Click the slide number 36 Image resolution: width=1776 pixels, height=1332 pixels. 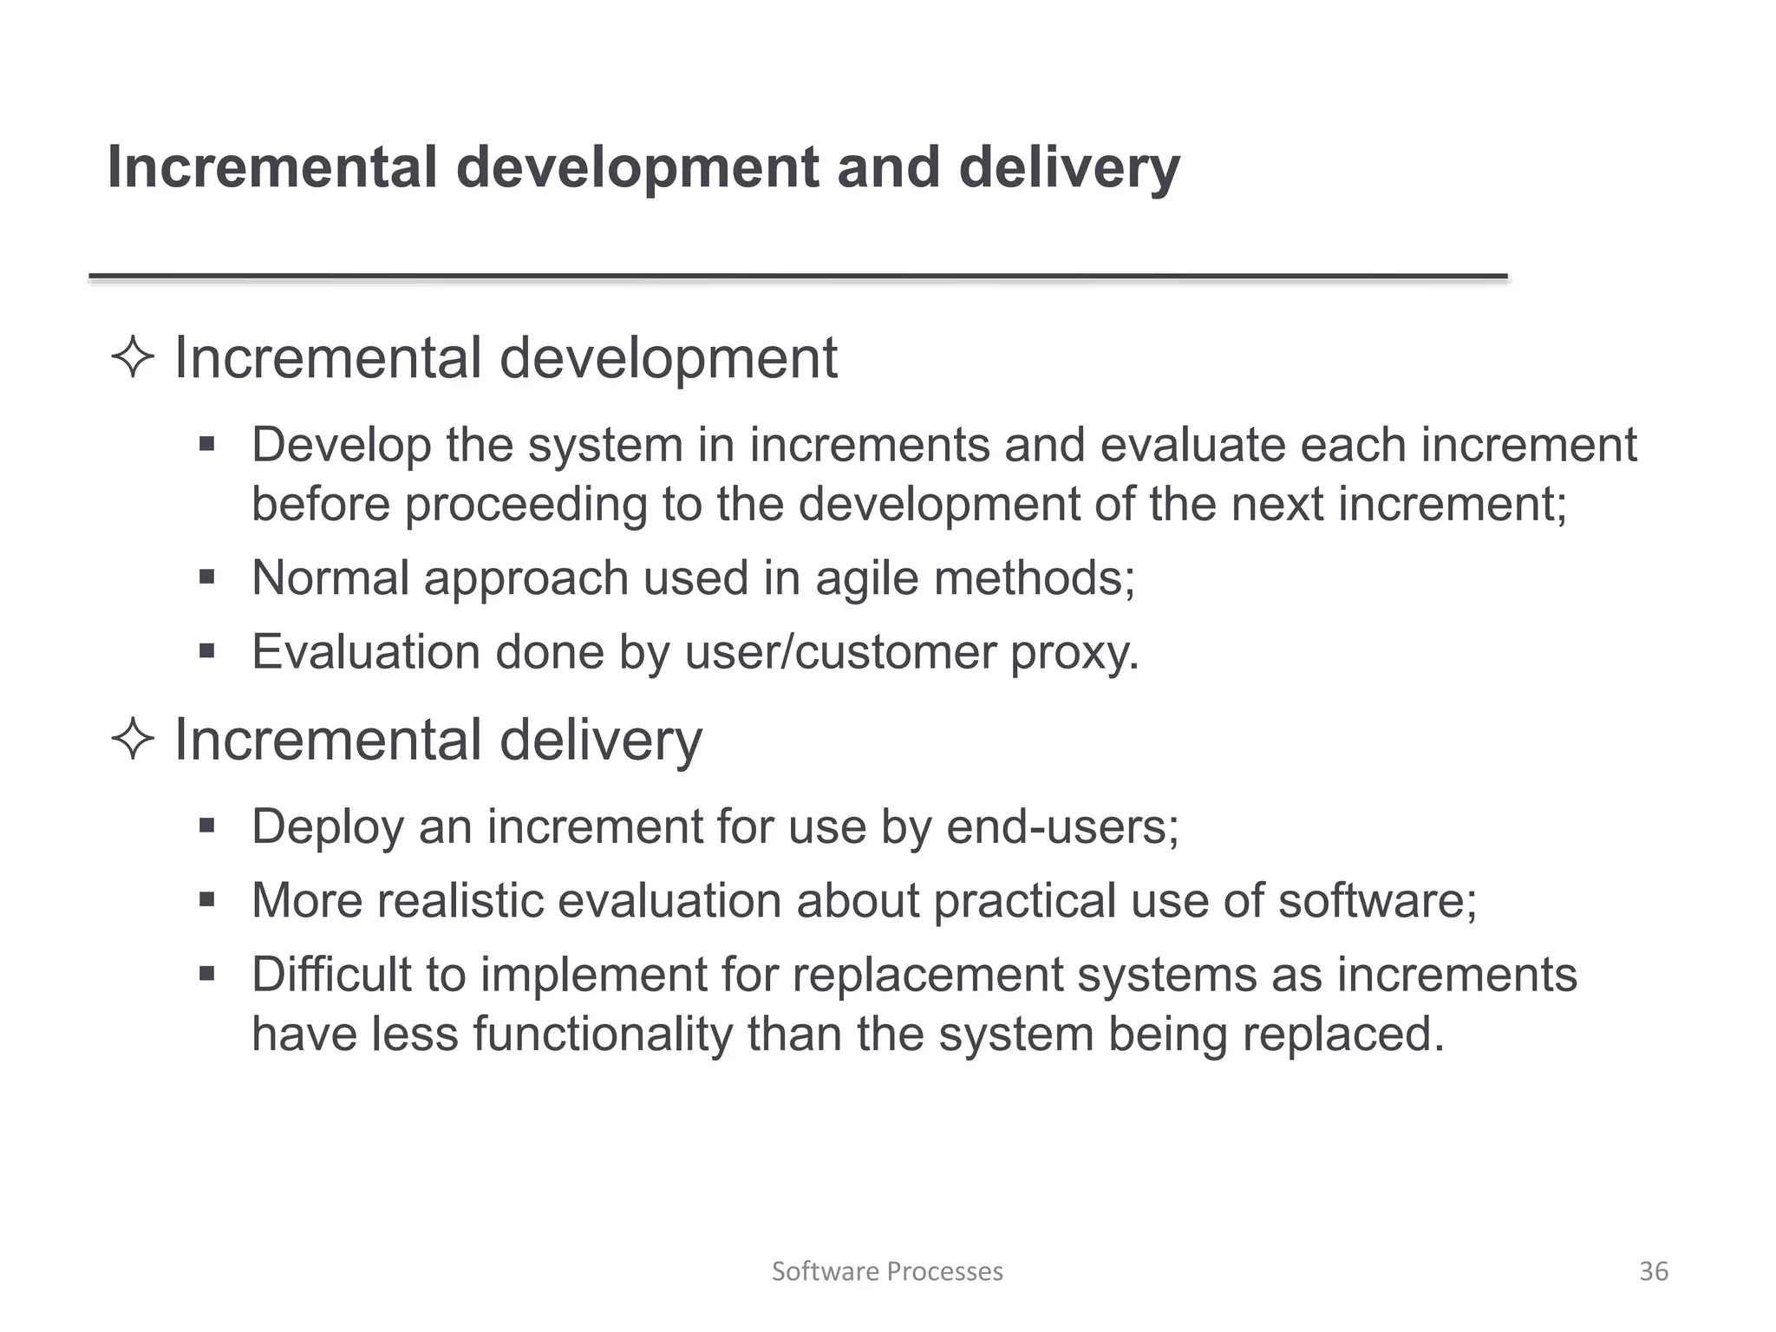(1653, 1271)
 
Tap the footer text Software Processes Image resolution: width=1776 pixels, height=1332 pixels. (887, 1271)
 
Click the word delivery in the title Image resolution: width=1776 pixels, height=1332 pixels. (1069, 167)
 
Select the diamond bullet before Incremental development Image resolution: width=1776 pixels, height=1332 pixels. (133, 358)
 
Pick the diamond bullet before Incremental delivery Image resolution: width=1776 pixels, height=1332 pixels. (133, 741)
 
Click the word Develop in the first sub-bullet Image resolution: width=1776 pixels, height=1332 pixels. (342, 446)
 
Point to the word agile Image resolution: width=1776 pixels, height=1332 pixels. (866, 578)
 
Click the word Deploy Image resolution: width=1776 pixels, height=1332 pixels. (328, 826)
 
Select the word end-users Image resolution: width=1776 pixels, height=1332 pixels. (1062, 826)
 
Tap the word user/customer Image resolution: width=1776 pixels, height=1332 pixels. (840, 652)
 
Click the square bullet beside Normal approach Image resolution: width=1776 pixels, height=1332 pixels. (206, 578)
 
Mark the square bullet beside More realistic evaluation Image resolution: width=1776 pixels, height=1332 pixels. (206, 900)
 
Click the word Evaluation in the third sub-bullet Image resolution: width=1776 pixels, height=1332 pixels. (366, 652)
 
